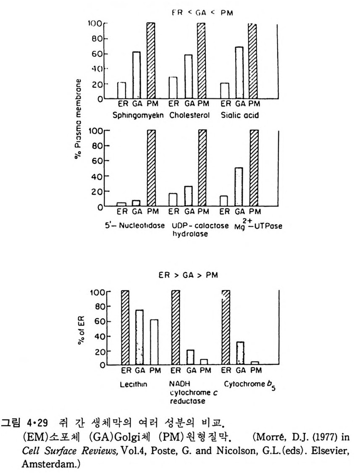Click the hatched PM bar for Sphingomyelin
click(x=151, y=61)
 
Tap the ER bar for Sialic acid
click(x=225, y=91)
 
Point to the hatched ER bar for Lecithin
click(x=125, y=328)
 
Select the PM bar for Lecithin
click(x=154, y=342)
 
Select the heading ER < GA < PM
click(x=202, y=13)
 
